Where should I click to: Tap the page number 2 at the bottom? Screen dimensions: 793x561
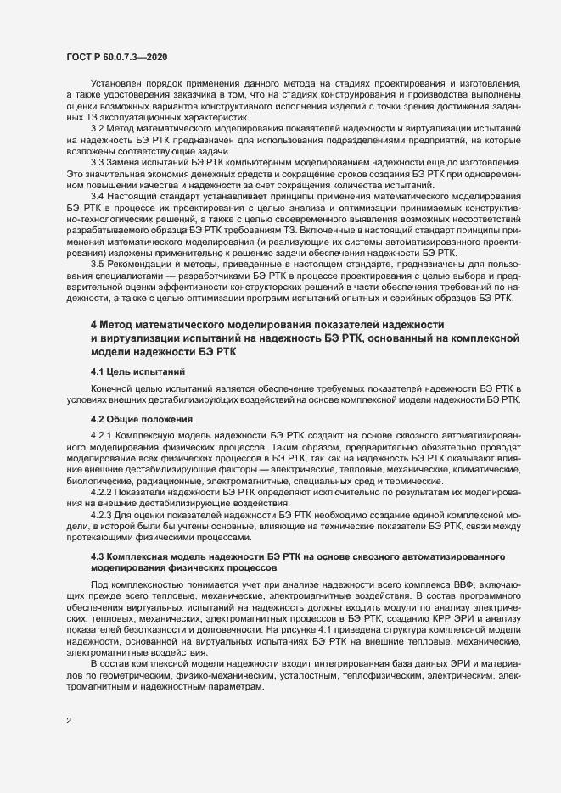[68, 722]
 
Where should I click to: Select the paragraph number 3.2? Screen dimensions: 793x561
[98, 127]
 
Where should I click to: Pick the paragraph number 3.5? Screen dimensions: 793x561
[98, 265]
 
